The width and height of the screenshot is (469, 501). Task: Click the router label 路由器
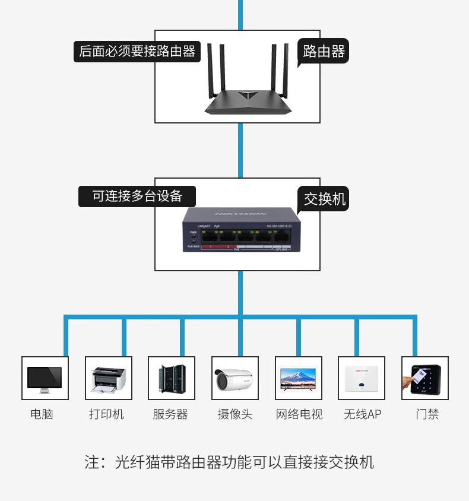point(324,52)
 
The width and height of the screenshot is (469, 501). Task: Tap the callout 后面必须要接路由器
point(137,52)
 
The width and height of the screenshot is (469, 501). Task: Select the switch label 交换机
point(324,199)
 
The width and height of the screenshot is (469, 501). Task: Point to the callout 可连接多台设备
point(137,196)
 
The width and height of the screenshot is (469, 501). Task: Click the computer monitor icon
point(45,378)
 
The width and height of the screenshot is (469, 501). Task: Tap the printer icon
point(109,378)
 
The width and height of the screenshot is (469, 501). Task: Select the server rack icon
point(172,378)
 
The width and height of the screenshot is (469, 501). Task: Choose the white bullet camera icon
point(235,378)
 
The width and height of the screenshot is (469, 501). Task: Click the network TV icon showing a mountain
point(299,378)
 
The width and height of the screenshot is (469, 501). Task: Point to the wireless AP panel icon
point(362,378)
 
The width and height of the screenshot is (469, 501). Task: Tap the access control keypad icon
point(425,378)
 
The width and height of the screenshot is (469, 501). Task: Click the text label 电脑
point(42,414)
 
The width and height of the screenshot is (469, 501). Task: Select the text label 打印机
point(107,414)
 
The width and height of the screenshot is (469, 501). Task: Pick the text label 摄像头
point(235,414)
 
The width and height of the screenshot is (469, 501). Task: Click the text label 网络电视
point(299,414)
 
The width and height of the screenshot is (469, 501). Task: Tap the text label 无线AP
point(362,414)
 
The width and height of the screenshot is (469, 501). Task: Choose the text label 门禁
point(427,414)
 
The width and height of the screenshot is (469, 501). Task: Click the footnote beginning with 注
point(229,462)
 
